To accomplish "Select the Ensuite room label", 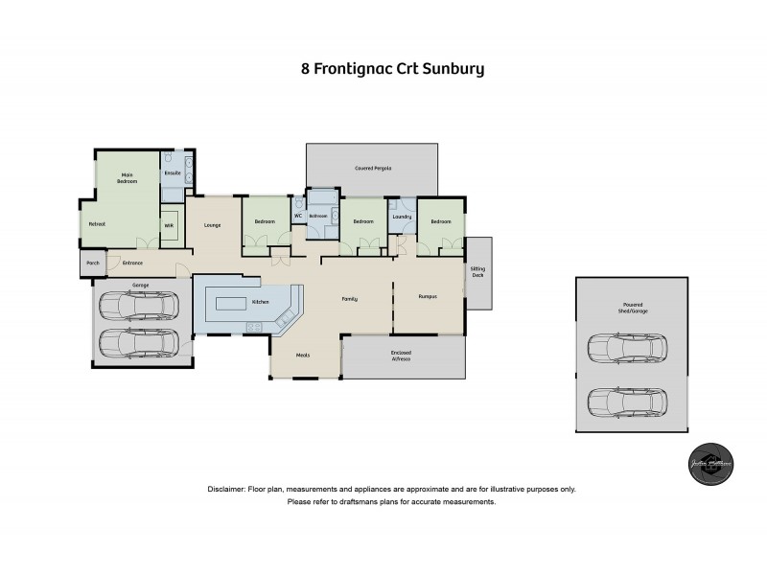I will point(173,172).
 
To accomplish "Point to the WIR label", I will point(169,225).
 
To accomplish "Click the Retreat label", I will point(96,223).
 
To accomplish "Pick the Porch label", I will point(93,262).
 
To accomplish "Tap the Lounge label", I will point(213,225).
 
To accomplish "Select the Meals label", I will point(303,356).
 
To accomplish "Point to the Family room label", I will point(350,300).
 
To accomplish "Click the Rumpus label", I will point(428,297).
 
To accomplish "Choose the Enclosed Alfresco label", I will point(401,356).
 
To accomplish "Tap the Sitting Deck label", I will point(477,273).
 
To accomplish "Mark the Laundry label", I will point(403,217).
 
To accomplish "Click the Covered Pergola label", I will point(373,168).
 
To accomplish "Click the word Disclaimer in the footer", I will point(225,490).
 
